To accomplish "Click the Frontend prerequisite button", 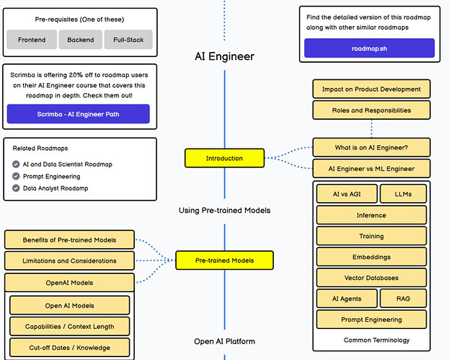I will (31, 40).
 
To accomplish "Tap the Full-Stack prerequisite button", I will (128, 40).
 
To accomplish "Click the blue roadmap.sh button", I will (369, 48).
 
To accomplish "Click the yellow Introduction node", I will (224, 158).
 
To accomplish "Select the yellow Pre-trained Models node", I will (224, 260).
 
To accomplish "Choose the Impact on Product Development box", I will (371, 89).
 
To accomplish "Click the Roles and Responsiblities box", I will (371, 110).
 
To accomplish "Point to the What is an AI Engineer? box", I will (371, 147).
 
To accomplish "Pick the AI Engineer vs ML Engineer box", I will (371, 168).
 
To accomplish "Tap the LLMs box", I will (402, 194).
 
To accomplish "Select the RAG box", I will (404, 298).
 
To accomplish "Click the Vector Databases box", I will (371, 278).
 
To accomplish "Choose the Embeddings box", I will (371, 257).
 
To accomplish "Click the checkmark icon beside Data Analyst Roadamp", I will (16, 188).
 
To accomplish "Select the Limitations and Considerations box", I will (69, 260).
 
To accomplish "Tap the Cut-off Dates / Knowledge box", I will (69, 348).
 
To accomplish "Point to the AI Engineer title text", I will (224, 56).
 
